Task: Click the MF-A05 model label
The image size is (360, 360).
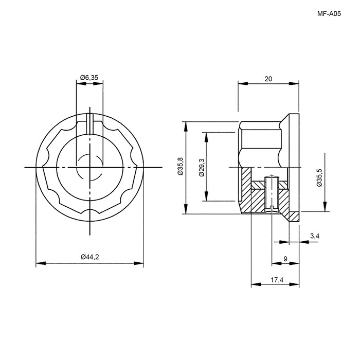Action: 329,14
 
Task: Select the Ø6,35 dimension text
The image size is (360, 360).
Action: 89,78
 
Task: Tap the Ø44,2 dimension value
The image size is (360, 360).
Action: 90,257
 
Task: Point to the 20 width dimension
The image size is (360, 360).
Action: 268,79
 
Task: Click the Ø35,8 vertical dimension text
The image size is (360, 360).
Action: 180,167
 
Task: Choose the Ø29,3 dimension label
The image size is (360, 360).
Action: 202,167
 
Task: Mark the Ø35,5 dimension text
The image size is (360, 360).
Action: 319,178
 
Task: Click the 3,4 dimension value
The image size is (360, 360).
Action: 315,236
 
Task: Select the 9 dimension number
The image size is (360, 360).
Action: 285,259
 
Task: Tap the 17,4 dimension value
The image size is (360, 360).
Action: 277,280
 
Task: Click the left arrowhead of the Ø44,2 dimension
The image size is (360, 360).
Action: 41,263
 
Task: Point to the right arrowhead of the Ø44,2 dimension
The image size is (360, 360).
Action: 139,263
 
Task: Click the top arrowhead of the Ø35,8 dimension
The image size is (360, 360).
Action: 186,127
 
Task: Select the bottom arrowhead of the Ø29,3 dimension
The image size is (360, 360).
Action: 206,196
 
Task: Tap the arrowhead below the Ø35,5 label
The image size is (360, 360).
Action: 325,206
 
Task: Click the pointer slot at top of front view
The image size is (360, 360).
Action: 90,124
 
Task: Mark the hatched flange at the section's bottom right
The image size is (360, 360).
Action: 294,217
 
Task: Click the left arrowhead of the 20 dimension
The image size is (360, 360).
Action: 243,83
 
